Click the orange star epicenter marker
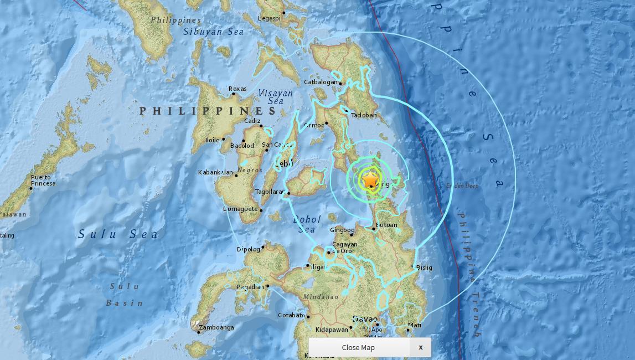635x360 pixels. (x=370, y=179)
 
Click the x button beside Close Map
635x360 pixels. (x=421, y=347)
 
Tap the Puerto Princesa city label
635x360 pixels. (x=43, y=180)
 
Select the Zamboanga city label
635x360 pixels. (x=216, y=327)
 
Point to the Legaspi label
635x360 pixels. (x=269, y=18)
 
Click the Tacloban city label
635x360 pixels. (x=363, y=115)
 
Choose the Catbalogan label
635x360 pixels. (x=321, y=83)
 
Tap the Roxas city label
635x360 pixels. (x=238, y=89)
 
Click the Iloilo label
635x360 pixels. (x=213, y=140)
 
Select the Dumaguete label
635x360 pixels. (x=240, y=209)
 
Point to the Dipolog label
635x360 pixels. (x=248, y=249)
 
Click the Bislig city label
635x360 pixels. (x=424, y=268)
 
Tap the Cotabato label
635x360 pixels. (x=291, y=316)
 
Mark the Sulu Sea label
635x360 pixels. (x=118, y=234)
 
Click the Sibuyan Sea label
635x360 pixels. (x=214, y=32)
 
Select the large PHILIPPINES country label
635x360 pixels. (x=208, y=111)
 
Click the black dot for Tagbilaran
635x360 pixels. (x=288, y=193)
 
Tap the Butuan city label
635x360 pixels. (x=386, y=225)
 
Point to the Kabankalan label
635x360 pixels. (x=215, y=173)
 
